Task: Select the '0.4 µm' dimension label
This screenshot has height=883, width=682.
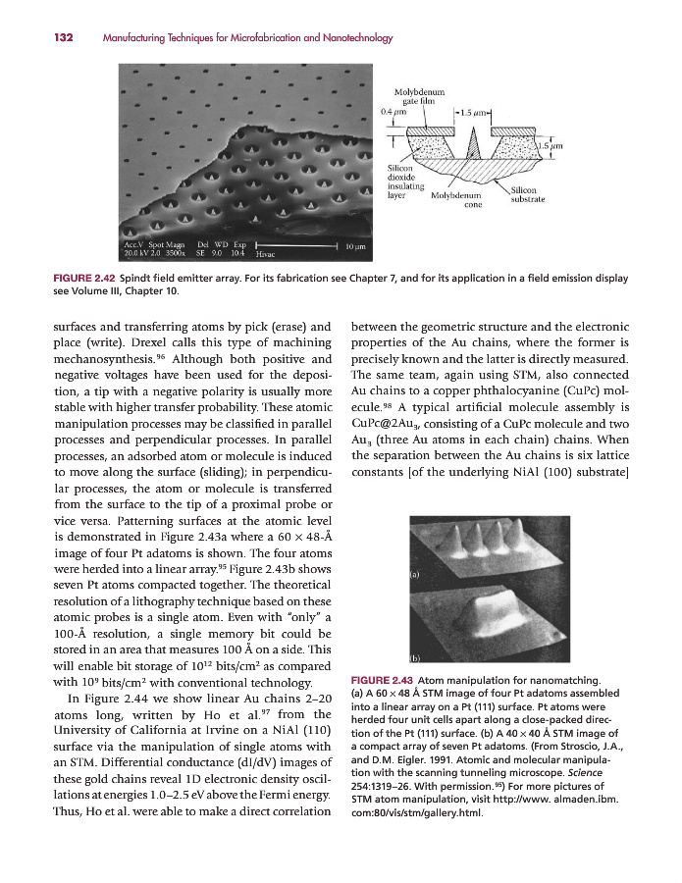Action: (393, 111)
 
